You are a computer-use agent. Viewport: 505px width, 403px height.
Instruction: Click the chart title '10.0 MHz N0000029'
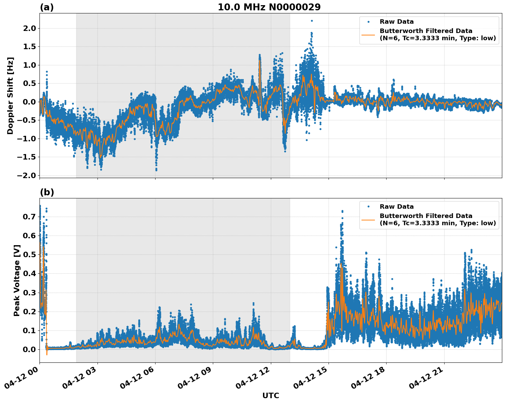(x=269, y=7)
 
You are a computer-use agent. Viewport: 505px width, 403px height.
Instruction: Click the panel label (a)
(x=47, y=7)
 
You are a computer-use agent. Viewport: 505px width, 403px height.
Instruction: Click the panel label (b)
(x=47, y=192)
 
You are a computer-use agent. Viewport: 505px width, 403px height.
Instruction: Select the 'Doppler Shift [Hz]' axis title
(x=10, y=96)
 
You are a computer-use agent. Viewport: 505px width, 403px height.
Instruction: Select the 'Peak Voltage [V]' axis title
(x=17, y=280)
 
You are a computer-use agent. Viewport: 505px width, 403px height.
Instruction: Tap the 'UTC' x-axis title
(x=271, y=395)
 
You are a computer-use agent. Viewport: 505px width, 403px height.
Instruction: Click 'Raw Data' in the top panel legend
(x=397, y=22)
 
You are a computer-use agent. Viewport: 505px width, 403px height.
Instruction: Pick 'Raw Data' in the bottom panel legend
(x=397, y=207)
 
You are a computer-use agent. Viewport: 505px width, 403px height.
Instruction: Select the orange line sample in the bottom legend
(x=368, y=219)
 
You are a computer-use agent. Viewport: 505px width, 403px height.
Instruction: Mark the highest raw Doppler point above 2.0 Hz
(x=312, y=21)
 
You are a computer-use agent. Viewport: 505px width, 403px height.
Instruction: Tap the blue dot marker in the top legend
(x=368, y=22)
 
